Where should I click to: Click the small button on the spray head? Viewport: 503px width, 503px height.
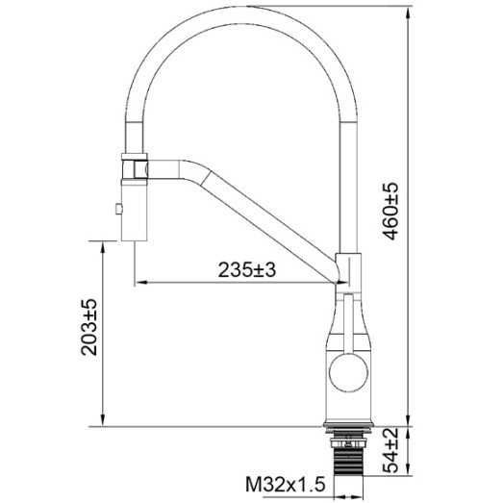(118, 209)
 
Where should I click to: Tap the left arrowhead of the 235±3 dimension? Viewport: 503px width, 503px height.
(138, 282)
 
